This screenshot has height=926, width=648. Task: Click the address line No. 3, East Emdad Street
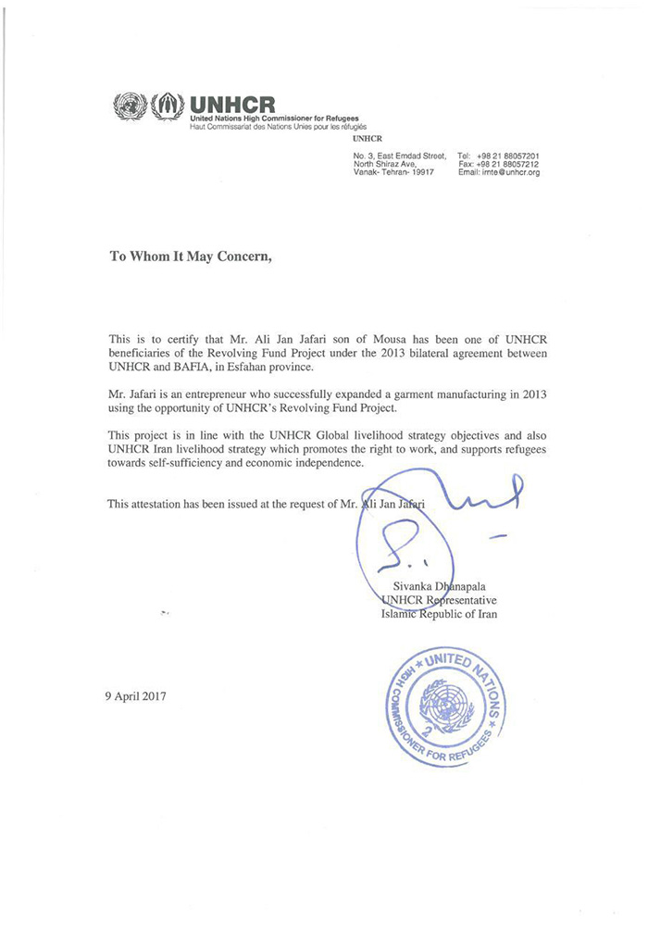click(x=400, y=156)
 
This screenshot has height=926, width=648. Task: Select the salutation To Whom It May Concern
click(x=191, y=258)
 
